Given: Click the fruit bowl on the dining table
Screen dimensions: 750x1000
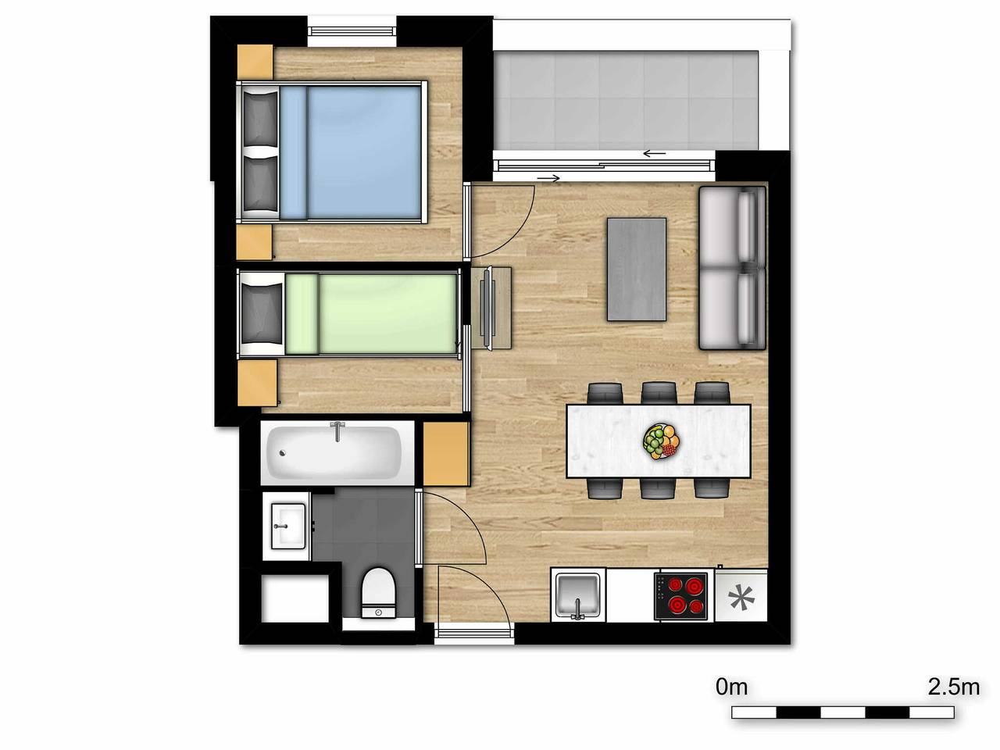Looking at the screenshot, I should point(661,441).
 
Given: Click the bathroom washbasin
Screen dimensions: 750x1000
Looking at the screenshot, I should point(287,526).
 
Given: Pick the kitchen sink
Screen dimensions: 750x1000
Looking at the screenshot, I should point(577,595).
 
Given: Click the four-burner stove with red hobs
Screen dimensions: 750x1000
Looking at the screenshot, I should point(681,595).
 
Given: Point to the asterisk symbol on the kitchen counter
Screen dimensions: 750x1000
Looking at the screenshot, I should point(741,598).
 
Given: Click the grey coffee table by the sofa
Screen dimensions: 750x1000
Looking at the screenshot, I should point(637,269).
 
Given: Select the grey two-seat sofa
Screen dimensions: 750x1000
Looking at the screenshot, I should point(732,267).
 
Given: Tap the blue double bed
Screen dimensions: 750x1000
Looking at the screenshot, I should point(344,152).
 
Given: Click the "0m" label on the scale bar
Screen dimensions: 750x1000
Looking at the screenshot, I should point(732,687).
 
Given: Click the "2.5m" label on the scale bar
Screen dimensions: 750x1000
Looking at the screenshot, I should point(953,687).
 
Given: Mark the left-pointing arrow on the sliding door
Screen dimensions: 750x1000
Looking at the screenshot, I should point(654,153).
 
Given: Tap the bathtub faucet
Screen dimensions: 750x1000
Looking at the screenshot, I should point(337,430).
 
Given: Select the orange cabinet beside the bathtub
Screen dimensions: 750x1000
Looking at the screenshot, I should point(446,454).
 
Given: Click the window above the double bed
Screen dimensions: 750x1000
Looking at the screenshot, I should point(352,31).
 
